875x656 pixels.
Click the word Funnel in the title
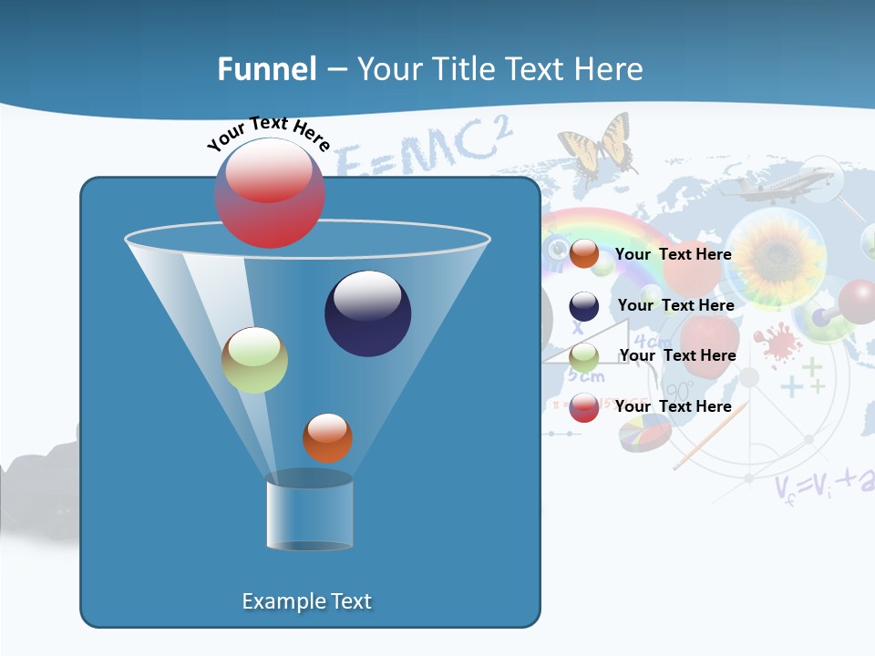pyautogui.click(x=266, y=69)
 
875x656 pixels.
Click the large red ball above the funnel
pyautogui.click(x=269, y=192)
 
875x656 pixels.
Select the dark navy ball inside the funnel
pyautogui.click(x=367, y=313)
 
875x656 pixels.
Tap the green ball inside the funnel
pyautogui.click(x=254, y=360)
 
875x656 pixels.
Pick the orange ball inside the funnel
pyautogui.click(x=327, y=437)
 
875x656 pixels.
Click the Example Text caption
pyautogui.click(x=306, y=601)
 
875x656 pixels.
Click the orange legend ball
pyautogui.click(x=583, y=254)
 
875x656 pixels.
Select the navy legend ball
pyautogui.click(x=583, y=306)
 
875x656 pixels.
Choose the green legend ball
pyautogui.click(x=583, y=356)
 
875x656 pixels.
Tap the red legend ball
pyautogui.click(x=583, y=407)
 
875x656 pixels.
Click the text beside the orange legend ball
pyautogui.click(x=673, y=254)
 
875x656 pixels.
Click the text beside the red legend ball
pyautogui.click(x=673, y=406)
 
